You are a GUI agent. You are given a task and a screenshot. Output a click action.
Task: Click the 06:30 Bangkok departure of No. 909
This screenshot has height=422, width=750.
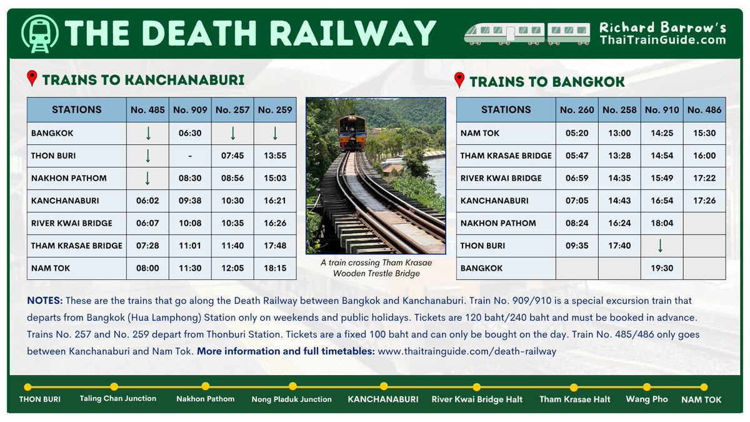click(x=190, y=133)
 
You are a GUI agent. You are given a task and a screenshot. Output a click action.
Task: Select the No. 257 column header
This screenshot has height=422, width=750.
click(x=232, y=110)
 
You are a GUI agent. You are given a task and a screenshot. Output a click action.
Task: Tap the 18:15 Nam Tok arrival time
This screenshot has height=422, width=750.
click(x=275, y=268)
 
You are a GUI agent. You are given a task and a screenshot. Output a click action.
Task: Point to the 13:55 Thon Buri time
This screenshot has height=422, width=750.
click(x=275, y=156)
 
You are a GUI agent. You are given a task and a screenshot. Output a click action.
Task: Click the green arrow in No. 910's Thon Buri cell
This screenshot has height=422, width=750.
click(x=661, y=246)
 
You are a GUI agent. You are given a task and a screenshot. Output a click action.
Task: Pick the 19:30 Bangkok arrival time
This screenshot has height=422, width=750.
click(x=661, y=268)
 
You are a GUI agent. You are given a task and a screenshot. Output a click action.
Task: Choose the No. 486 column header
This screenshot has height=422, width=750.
click(x=704, y=110)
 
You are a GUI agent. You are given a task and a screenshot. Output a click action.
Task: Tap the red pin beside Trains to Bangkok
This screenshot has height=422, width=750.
click(x=460, y=81)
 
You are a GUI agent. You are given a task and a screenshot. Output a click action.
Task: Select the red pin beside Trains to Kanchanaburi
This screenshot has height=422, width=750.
click(x=32, y=79)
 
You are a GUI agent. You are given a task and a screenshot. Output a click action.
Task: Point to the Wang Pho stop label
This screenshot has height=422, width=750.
click(x=647, y=399)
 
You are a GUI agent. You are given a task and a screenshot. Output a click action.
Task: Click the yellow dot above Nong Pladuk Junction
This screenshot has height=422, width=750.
click(x=292, y=386)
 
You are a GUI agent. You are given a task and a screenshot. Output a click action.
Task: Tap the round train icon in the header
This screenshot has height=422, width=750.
click(x=39, y=33)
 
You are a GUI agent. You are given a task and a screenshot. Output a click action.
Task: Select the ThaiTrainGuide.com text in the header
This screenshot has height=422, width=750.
click(x=662, y=41)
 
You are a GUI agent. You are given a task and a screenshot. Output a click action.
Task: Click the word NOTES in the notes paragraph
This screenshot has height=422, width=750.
click(x=44, y=301)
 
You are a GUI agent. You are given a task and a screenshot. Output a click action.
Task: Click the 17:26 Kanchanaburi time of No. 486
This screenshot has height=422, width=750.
click(x=704, y=201)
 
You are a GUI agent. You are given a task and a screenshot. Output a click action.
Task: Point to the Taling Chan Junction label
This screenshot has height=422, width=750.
click(x=118, y=398)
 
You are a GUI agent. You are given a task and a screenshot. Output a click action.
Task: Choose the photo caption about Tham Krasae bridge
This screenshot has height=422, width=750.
click(x=376, y=268)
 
